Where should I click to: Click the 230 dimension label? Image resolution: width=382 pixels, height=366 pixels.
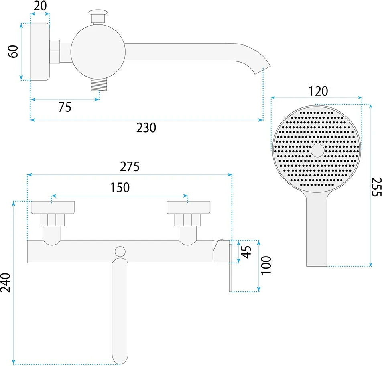(x=146, y=128)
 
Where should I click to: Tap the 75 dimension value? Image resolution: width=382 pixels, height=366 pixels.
(x=65, y=107)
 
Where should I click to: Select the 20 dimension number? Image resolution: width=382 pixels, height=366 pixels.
(x=40, y=6)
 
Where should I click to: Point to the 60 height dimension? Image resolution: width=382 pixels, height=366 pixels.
(x=13, y=51)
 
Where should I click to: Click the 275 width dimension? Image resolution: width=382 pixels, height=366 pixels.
(x=130, y=167)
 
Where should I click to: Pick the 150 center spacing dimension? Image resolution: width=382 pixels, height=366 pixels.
(x=120, y=188)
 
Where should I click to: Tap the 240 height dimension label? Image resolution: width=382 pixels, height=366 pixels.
(x=6, y=282)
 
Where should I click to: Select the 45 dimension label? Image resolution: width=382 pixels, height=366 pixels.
(x=246, y=252)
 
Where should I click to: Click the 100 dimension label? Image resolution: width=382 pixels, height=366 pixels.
(x=266, y=265)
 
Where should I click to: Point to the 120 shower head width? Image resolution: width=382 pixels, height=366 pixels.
(x=318, y=91)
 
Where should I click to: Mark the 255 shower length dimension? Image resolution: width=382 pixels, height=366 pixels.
(x=376, y=187)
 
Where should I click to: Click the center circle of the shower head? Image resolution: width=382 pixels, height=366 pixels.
(x=317, y=150)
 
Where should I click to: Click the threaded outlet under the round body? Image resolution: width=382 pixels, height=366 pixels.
(x=99, y=85)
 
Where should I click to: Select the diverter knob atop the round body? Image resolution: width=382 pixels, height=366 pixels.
(x=98, y=16)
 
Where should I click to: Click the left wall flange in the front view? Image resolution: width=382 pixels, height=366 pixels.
(x=53, y=208)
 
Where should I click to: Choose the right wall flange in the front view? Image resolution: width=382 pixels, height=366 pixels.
(x=188, y=208)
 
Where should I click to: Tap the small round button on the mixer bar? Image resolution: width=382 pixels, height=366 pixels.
(x=120, y=251)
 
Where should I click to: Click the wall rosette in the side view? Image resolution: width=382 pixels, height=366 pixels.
(x=40, y=52)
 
